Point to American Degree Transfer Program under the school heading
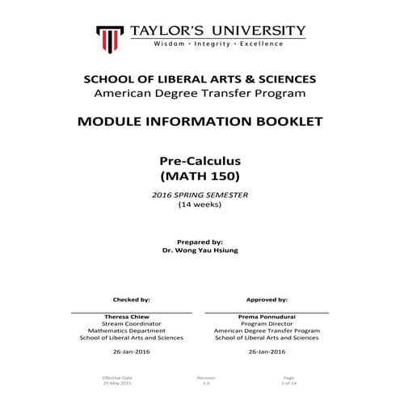click(x=200, y=94)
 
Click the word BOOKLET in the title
click(x=282, y=122)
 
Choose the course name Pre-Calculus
click(x=200, y=161)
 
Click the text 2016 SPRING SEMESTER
click(x=200, y=195)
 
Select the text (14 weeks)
click(x=200, y=204)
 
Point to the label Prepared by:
click(x=200, y=242)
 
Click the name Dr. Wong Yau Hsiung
click(x=200, y=251)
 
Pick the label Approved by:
click(x=267, y=299)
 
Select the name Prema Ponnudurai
click(x=267, y=317)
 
